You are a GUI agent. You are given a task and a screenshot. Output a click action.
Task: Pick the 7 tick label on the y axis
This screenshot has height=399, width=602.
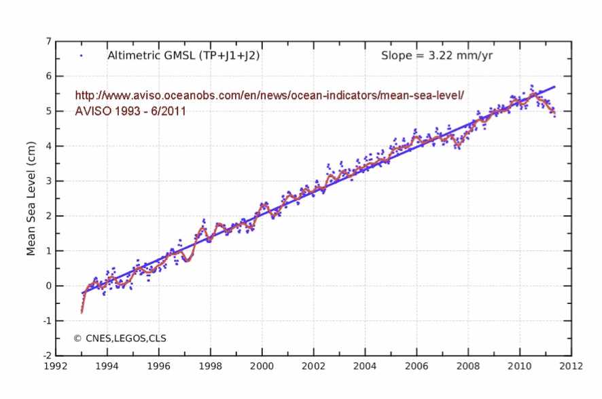[48, 41]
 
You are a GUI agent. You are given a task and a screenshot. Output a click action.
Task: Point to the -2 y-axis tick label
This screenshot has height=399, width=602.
[46, 355]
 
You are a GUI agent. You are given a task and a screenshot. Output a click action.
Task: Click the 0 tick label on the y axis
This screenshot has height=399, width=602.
[48, 286]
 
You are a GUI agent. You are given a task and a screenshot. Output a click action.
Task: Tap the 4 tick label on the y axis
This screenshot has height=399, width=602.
[48, 146]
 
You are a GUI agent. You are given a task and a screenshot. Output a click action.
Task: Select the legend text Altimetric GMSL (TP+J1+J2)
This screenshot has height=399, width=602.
[183, 56]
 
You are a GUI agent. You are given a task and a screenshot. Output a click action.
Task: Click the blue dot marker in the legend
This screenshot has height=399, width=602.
[82, 56]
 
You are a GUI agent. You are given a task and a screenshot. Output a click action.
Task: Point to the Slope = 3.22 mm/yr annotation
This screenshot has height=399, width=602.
[437, 56]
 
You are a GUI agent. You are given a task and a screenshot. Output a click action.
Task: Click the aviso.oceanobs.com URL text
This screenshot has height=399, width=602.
[270, 96]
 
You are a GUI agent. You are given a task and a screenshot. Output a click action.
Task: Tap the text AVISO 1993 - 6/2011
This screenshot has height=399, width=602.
[130, 111]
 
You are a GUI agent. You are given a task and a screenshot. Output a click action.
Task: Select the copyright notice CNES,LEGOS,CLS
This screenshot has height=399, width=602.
[120, 337]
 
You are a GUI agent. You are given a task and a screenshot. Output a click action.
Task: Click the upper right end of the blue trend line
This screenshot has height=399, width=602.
[555, 87]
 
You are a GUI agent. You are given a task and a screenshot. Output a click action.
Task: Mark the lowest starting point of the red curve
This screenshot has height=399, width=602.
[82, 312]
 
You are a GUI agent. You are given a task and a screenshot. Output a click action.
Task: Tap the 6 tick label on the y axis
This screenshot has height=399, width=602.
[48, 76]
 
